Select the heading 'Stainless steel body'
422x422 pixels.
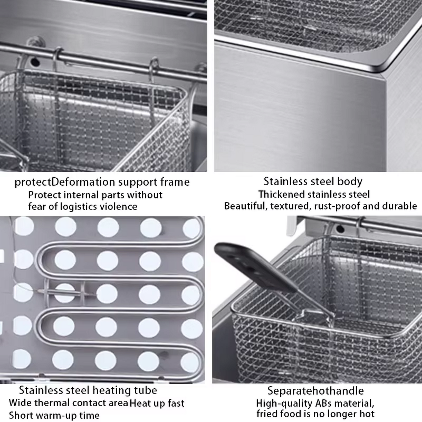313,181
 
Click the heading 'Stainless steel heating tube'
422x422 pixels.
88,390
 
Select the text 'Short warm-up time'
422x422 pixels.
54,415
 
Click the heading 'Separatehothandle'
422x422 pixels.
315,391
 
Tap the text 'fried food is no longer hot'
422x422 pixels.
315,415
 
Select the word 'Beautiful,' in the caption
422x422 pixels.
246,206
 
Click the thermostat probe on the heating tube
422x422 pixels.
66,290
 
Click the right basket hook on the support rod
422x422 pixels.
154,69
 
